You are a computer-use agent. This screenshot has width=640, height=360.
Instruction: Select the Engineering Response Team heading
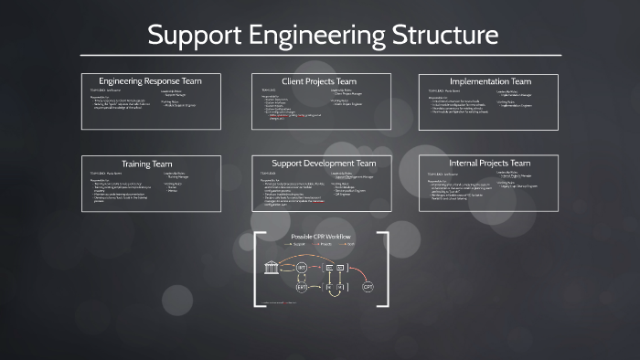150,81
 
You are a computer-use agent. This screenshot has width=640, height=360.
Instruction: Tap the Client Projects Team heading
321,81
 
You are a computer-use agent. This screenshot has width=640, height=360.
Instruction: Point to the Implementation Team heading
490,81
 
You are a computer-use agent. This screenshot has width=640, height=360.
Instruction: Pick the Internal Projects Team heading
490,164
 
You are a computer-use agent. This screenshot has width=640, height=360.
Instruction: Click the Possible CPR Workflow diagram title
320,237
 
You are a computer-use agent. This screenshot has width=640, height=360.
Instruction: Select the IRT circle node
303,267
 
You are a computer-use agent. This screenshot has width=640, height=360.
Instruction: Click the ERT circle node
303,286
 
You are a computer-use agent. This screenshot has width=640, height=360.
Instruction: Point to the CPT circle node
368,286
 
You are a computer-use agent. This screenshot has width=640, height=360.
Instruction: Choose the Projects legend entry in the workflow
326,245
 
